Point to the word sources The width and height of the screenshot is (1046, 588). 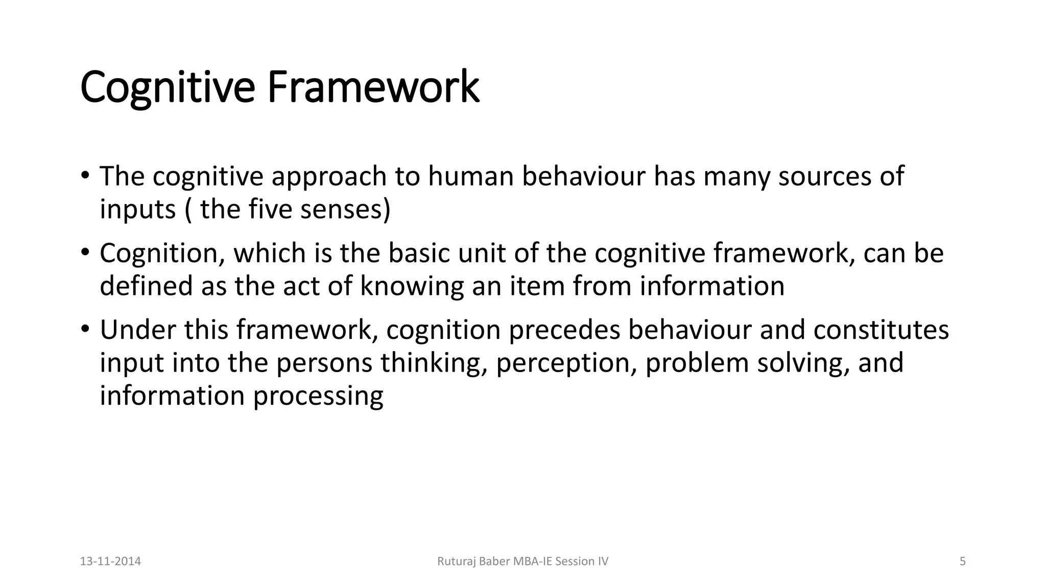(824, 176)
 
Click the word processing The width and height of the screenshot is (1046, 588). (318, 397)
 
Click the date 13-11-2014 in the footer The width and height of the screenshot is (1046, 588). (111, 561)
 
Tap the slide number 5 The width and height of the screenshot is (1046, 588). (963, 561)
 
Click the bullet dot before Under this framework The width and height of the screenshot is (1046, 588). (85, 329)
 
